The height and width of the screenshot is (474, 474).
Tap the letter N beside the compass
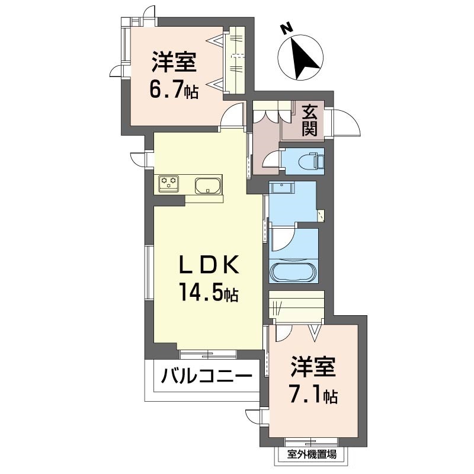(x=286, y=27)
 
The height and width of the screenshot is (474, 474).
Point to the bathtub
(x=293, y=273)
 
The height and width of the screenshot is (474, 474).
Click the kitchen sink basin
(x=207, y=186)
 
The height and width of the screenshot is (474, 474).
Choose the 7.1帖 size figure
(x=313, y=394)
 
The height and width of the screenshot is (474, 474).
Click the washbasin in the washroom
(x=281, y=188)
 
